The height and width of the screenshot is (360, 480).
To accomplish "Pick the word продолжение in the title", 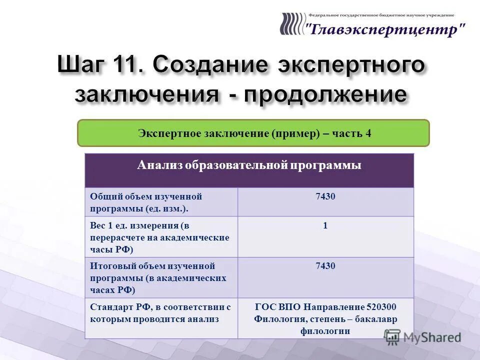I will (325, 94).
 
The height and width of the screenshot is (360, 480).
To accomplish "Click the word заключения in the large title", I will (146, 94).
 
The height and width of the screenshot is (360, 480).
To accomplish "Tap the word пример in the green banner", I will (295, 133).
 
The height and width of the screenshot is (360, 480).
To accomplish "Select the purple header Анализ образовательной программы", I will (249, 165).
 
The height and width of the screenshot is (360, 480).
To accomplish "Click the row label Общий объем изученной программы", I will (145, 202).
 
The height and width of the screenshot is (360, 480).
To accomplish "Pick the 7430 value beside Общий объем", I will (325, 196).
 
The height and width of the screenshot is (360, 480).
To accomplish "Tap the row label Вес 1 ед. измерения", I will (159, 237).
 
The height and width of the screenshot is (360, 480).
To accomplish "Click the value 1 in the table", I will (325, 225).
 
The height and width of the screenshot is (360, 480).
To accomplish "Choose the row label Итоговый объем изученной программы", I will (158, 277).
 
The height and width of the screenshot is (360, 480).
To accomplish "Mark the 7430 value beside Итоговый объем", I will (325, 266).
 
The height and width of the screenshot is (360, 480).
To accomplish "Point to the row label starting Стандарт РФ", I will (160, 312).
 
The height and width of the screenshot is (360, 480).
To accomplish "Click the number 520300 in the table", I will (381, 307).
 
